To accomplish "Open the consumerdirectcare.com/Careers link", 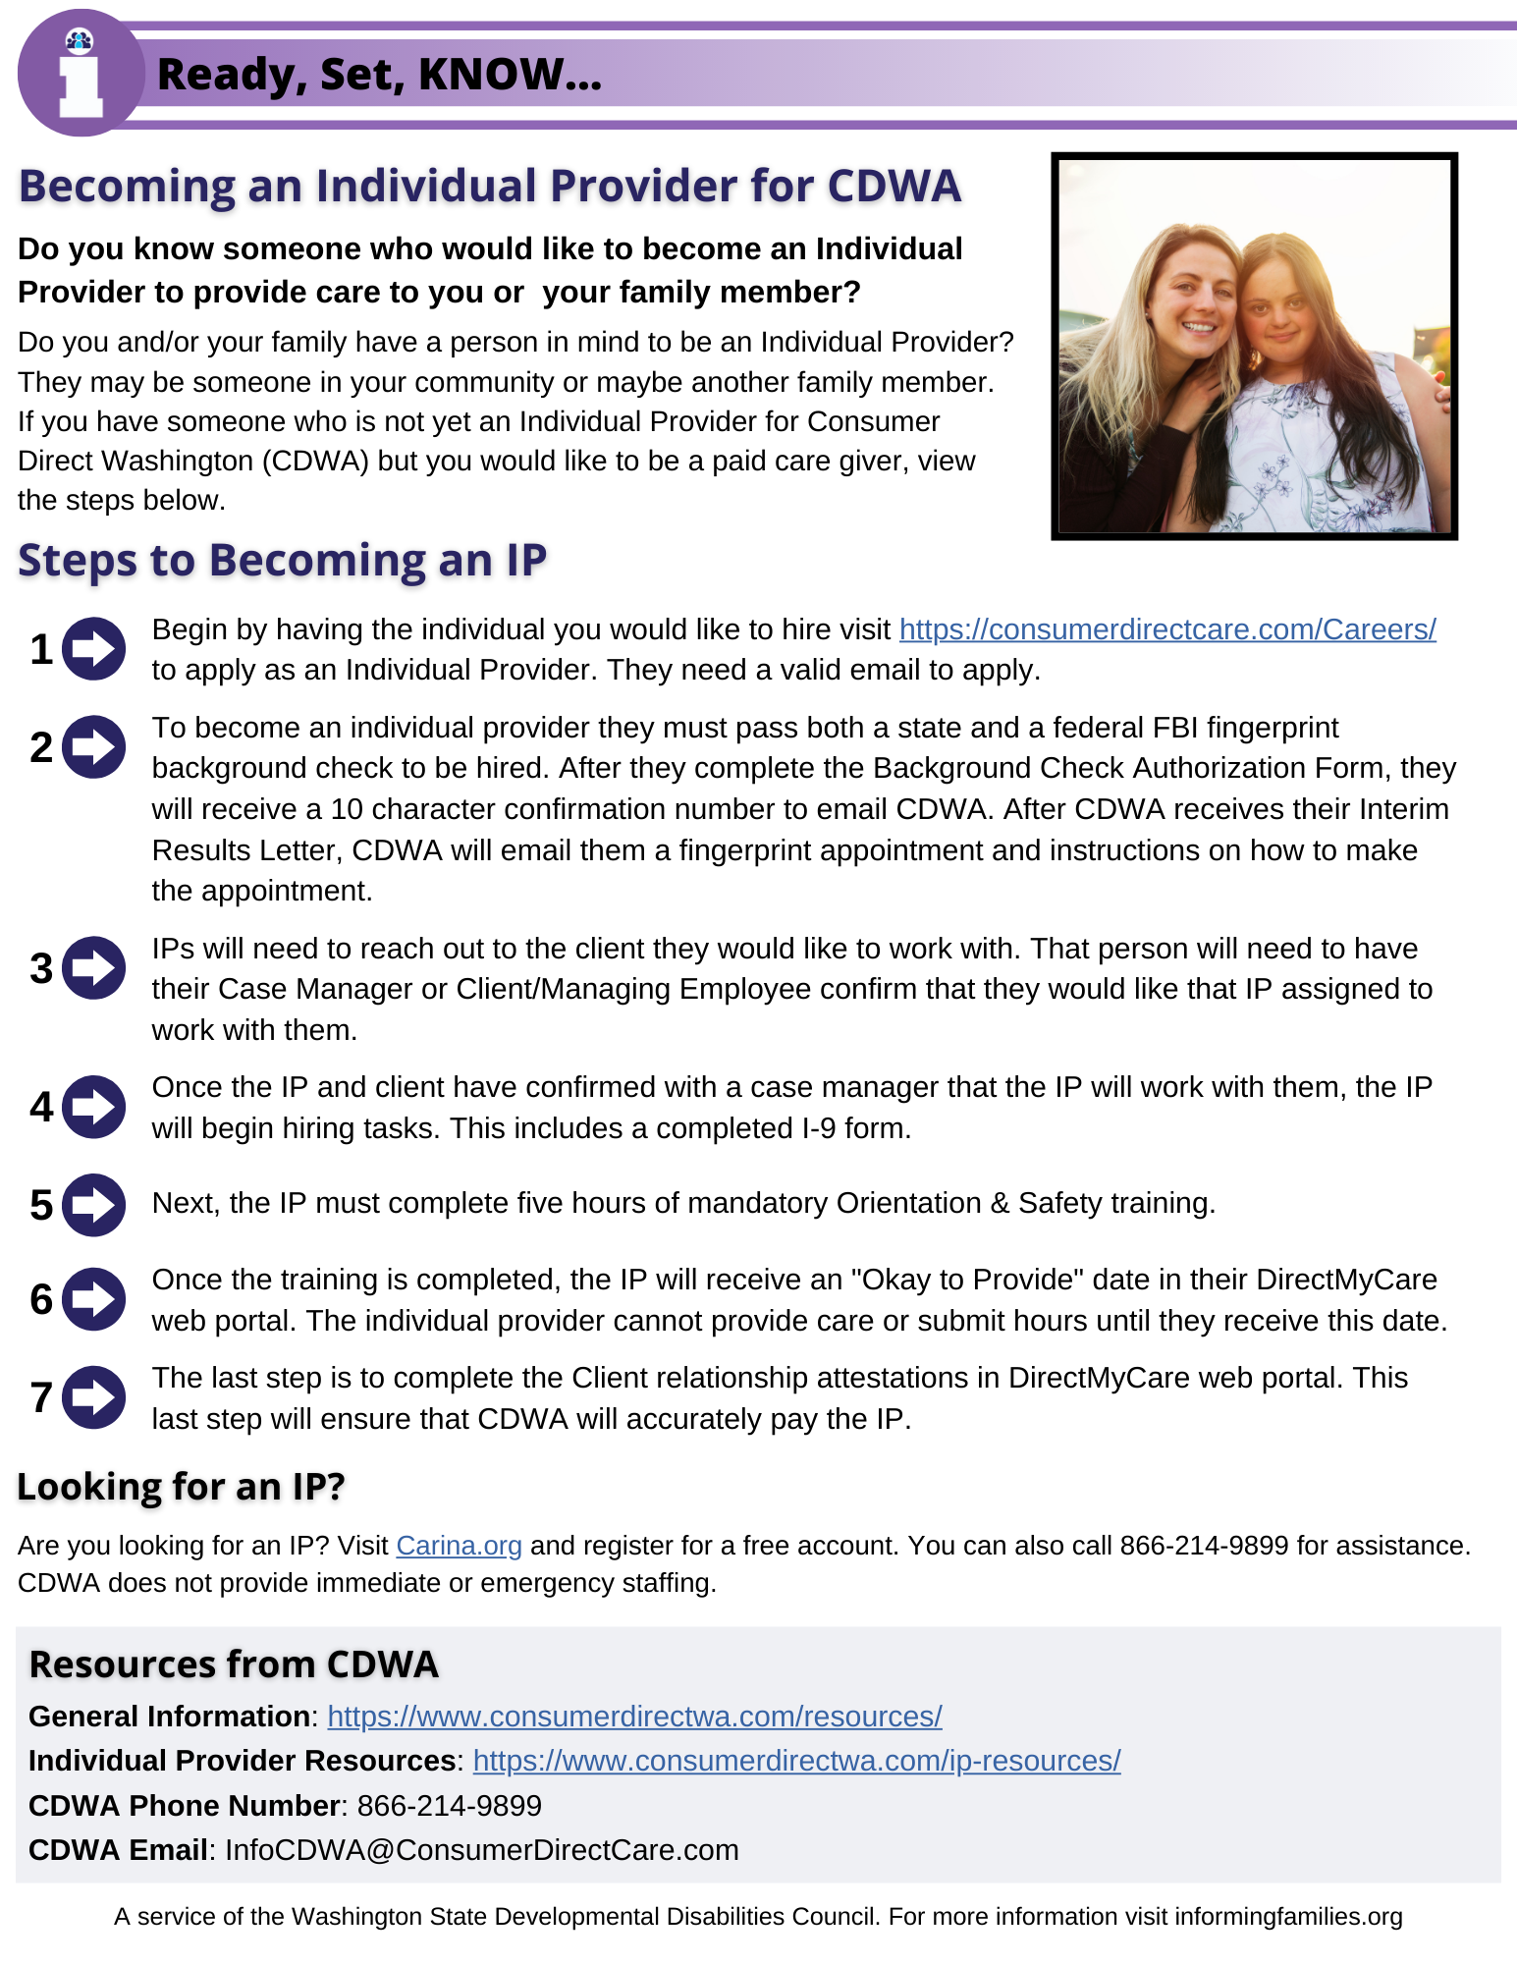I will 1166,629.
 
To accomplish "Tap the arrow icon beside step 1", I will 94,648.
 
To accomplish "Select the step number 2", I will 41,747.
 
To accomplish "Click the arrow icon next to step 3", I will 94,968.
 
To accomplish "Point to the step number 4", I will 41,1107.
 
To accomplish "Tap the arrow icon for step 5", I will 94,1205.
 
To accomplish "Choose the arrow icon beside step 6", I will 94,1299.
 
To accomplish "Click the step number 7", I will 41,1397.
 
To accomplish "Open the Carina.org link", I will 459,1546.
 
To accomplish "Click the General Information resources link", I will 634,1716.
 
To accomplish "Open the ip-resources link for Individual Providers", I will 796,1761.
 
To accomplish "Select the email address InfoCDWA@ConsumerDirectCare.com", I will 481,1850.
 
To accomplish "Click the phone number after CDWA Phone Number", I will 449,1805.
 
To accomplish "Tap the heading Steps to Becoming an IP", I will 282,561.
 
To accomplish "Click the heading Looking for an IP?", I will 182,1487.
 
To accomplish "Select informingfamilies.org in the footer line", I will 1287,1917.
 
